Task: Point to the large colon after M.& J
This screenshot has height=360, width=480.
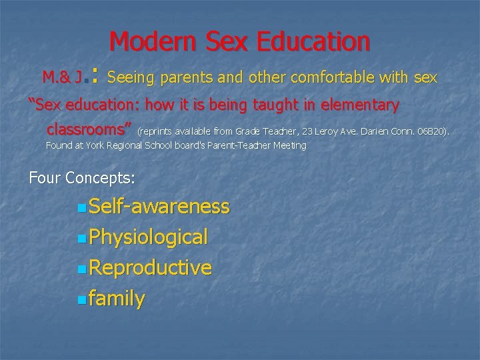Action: pos(95,77)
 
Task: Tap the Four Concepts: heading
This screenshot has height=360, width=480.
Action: pos(82,178)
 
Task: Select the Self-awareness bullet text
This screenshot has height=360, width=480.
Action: pos(159,207)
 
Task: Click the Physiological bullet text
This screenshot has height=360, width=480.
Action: pos(148,237)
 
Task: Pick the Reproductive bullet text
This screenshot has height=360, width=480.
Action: pos(150,267)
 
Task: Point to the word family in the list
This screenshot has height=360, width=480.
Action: pos(117,299)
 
